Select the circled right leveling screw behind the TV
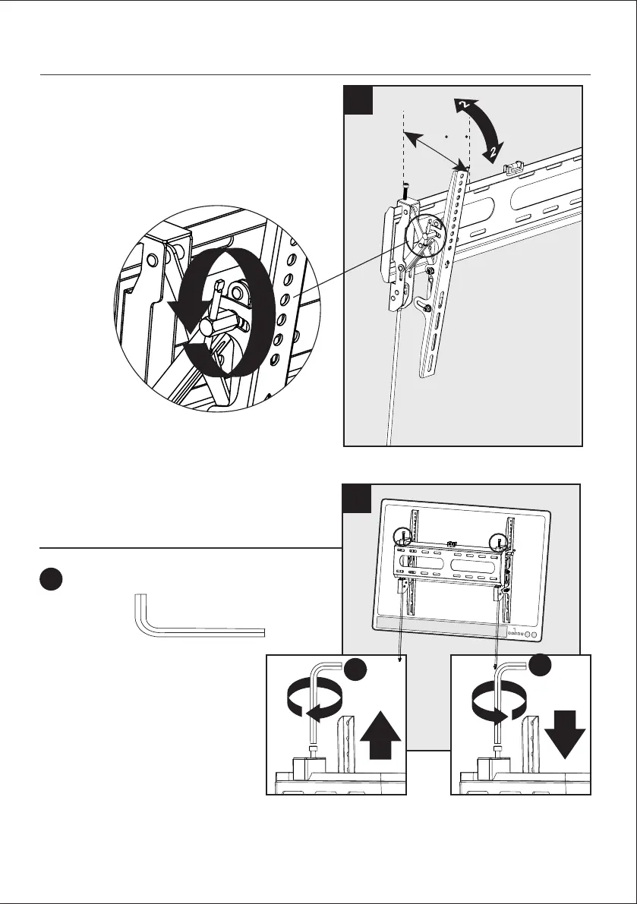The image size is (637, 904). point(499,542)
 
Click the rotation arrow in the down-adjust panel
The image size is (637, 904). point(497,704)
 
